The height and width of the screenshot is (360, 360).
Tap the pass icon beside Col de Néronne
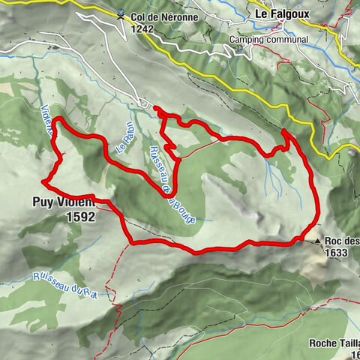(121, 12)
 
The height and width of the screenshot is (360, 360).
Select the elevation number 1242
(142, 28)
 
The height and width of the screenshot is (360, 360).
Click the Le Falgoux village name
(282, 13)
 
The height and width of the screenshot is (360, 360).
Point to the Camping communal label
(269, 40)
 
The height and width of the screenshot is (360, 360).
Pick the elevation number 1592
(80, 216)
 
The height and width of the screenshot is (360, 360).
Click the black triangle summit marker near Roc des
(318, 241)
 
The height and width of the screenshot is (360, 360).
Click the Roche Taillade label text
(334, 343)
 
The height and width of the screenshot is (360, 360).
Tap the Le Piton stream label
(124, 139)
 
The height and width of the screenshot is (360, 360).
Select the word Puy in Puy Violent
(42, 201)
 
